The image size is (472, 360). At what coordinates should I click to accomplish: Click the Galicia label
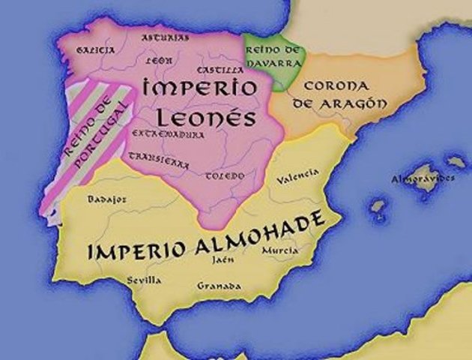point(97,49)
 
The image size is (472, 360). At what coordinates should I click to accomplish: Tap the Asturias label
point(166,37)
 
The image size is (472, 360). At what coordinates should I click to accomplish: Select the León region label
point(160,59)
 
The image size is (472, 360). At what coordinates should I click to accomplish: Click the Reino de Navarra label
point(273,55)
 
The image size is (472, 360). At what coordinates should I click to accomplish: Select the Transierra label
point(159,160)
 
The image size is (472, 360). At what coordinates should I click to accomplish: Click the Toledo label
point(225,175)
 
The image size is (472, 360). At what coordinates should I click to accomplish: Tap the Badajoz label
point(106,199)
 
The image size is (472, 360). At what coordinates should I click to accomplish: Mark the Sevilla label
point(144,280)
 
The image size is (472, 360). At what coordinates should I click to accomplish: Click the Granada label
point(219,286)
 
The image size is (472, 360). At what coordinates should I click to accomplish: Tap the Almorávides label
point(423,179)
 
